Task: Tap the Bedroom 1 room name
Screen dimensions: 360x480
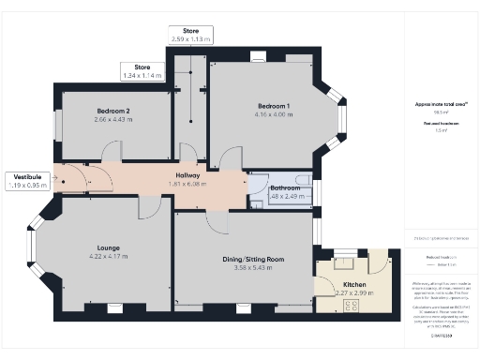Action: pos(274,105)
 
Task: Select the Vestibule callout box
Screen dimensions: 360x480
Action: pos(27,181)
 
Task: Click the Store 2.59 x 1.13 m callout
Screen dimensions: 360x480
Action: pos(191,36)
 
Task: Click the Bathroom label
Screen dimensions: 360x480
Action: pos(285,187)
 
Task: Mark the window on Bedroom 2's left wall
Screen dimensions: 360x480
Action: pos(57,125)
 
